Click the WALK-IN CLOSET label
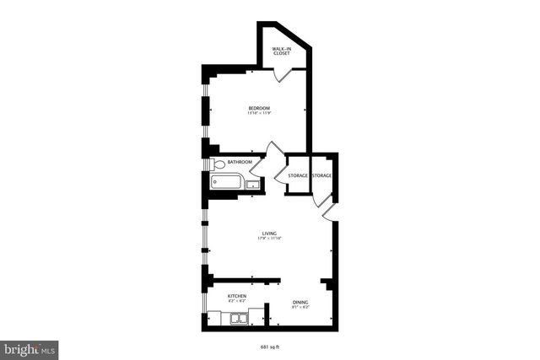(281, 51)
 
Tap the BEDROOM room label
(259, 108)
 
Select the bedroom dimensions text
(259, 114)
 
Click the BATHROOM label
(240, 163)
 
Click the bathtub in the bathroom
(226, 181)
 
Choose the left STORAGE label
(298, 175)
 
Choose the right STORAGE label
(322, 175)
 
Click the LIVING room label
(270, 233)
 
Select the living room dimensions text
(270, 239)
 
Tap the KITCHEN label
(237, 296)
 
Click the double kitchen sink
(238, 318)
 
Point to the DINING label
(300, 302)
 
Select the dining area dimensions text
(300, 308)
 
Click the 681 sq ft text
(270, 346)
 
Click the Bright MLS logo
(30, 348)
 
